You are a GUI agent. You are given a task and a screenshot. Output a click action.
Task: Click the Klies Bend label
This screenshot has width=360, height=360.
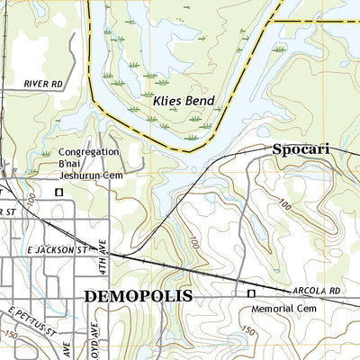[x=182, y=102]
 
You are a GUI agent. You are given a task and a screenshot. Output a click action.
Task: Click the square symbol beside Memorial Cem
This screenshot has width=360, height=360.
[x=251, y=293]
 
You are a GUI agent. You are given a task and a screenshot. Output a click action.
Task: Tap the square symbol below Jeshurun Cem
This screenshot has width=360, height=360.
[x=60, y=192]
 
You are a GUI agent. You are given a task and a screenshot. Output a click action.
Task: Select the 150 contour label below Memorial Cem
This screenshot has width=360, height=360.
[x=247, y=331]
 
